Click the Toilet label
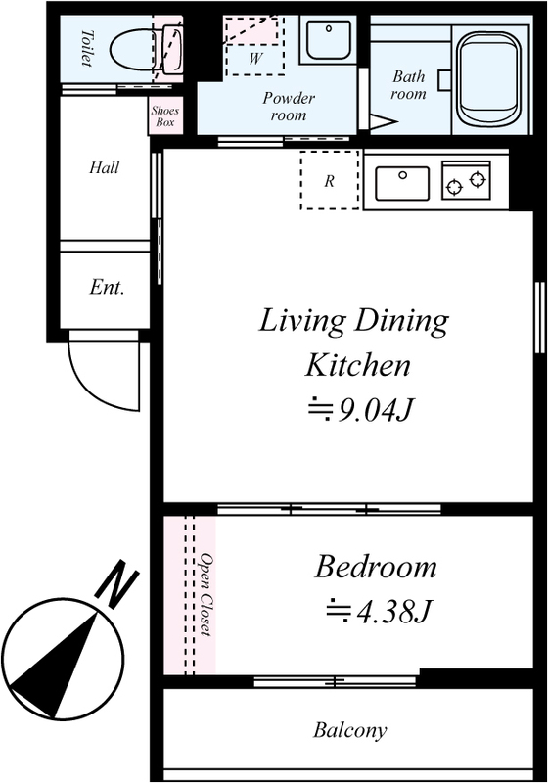point(87,48)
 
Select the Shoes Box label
point(164,115)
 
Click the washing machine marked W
point(255,46)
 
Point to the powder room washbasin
point(328,39)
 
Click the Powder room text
point(289,107)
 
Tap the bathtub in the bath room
point(489,77)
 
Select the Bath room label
point(409,85)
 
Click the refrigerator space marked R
point(330,180)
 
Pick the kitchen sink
point(402,183)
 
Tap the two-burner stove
point(466,180)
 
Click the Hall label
point(105,167)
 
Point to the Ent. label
point(107,287)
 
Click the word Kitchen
point(358,365)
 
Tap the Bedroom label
point(376,567)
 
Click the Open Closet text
point(205,594)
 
